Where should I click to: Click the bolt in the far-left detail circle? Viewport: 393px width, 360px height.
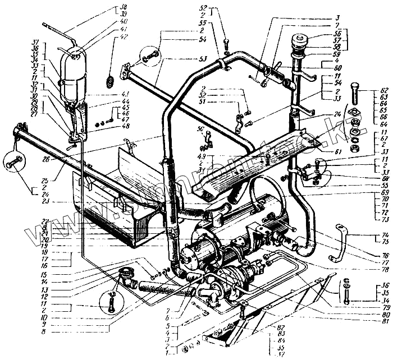pyautogui.click(x=13, y=164)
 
